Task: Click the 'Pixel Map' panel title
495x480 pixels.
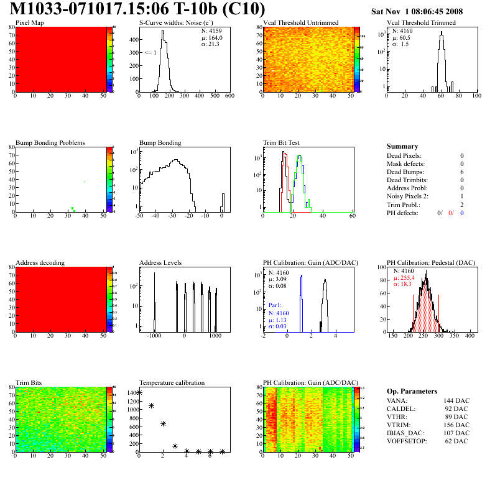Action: (30, 23)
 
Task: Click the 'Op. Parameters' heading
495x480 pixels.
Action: (412, 391)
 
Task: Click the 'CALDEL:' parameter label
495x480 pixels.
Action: (400, 408)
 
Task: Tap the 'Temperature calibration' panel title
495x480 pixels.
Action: (172, 383)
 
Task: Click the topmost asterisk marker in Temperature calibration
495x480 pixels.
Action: (140, 393)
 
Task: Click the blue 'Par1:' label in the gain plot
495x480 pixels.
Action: (276, 306)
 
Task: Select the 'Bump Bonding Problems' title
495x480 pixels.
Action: (50, 143)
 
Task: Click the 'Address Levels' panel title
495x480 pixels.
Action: (160, 263)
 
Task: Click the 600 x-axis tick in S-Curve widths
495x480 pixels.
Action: (229, 96)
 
